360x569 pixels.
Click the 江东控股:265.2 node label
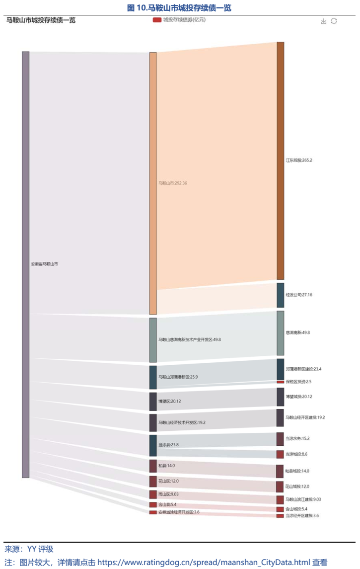click(299, 161)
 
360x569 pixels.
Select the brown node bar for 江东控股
click(281, 161)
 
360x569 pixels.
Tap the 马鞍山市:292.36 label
click(172, 183)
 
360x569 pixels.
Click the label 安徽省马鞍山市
click(44, 264)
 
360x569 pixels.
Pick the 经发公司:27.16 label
click(299, 295)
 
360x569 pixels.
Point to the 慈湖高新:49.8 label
click(298, 332)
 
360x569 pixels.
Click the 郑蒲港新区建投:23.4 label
click(303, 369)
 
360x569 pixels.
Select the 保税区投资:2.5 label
click(298, 382)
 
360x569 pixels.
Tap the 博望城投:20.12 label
click(299, 397)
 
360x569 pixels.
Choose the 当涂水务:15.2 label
click(297, 439)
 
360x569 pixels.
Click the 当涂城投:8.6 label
click(296, 454)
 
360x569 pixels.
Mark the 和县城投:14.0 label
click(297, 471)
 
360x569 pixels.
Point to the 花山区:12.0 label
click(168, 481)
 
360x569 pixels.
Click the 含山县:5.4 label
click(166, 505)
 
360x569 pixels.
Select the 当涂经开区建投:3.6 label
click(302, 516)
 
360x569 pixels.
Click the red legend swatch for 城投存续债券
click(157, 20)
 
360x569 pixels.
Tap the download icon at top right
click(324, 21)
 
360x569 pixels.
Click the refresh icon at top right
click(334, 21)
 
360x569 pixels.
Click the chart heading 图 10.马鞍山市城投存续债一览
click(179, 8)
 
